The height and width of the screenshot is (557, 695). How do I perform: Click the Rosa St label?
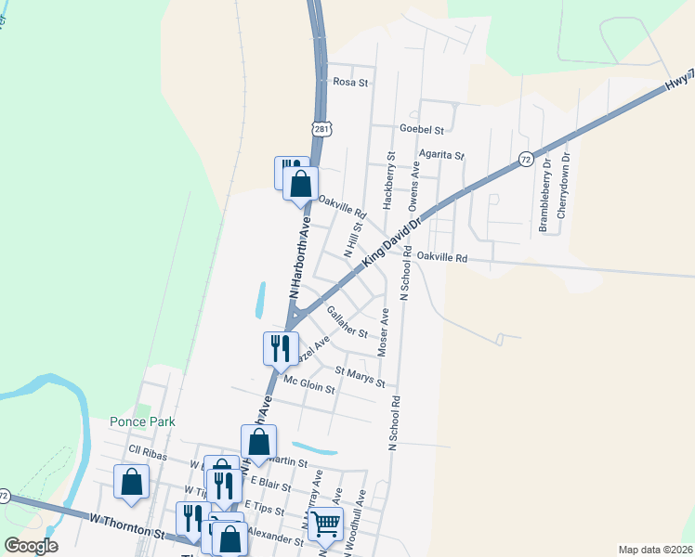pyautogui.click(x=351, y=83)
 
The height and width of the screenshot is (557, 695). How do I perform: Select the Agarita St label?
pyautogui.click(x=440, y=156)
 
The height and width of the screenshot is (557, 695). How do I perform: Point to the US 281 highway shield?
pyautogui.click(x=321, y=129)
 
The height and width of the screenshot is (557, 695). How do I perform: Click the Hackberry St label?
pyautogui.click(x=389, y=179)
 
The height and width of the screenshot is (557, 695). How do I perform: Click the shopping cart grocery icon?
pyautogui.click(x=326, y=525)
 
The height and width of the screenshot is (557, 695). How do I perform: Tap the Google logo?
pyautogui.click(x=31, y=546)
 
